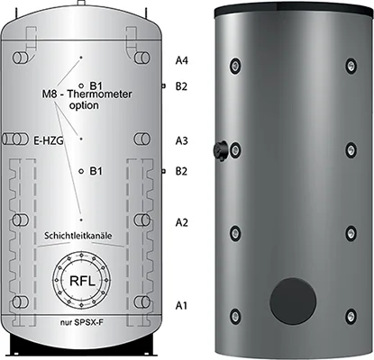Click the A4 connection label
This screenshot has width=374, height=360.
click(182, 60)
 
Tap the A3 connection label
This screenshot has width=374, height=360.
click(182, 140)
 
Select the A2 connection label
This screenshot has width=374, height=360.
click(182, 222)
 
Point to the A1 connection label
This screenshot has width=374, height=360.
click(181, 305)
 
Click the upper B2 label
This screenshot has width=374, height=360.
click(181, 86)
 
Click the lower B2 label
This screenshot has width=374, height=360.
click(181, 171)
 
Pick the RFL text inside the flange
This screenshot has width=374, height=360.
click(82, 281)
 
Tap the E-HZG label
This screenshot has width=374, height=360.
click(49, 140)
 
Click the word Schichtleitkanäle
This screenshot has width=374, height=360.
click(78, 236)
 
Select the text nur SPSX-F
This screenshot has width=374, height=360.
click(82, 323)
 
